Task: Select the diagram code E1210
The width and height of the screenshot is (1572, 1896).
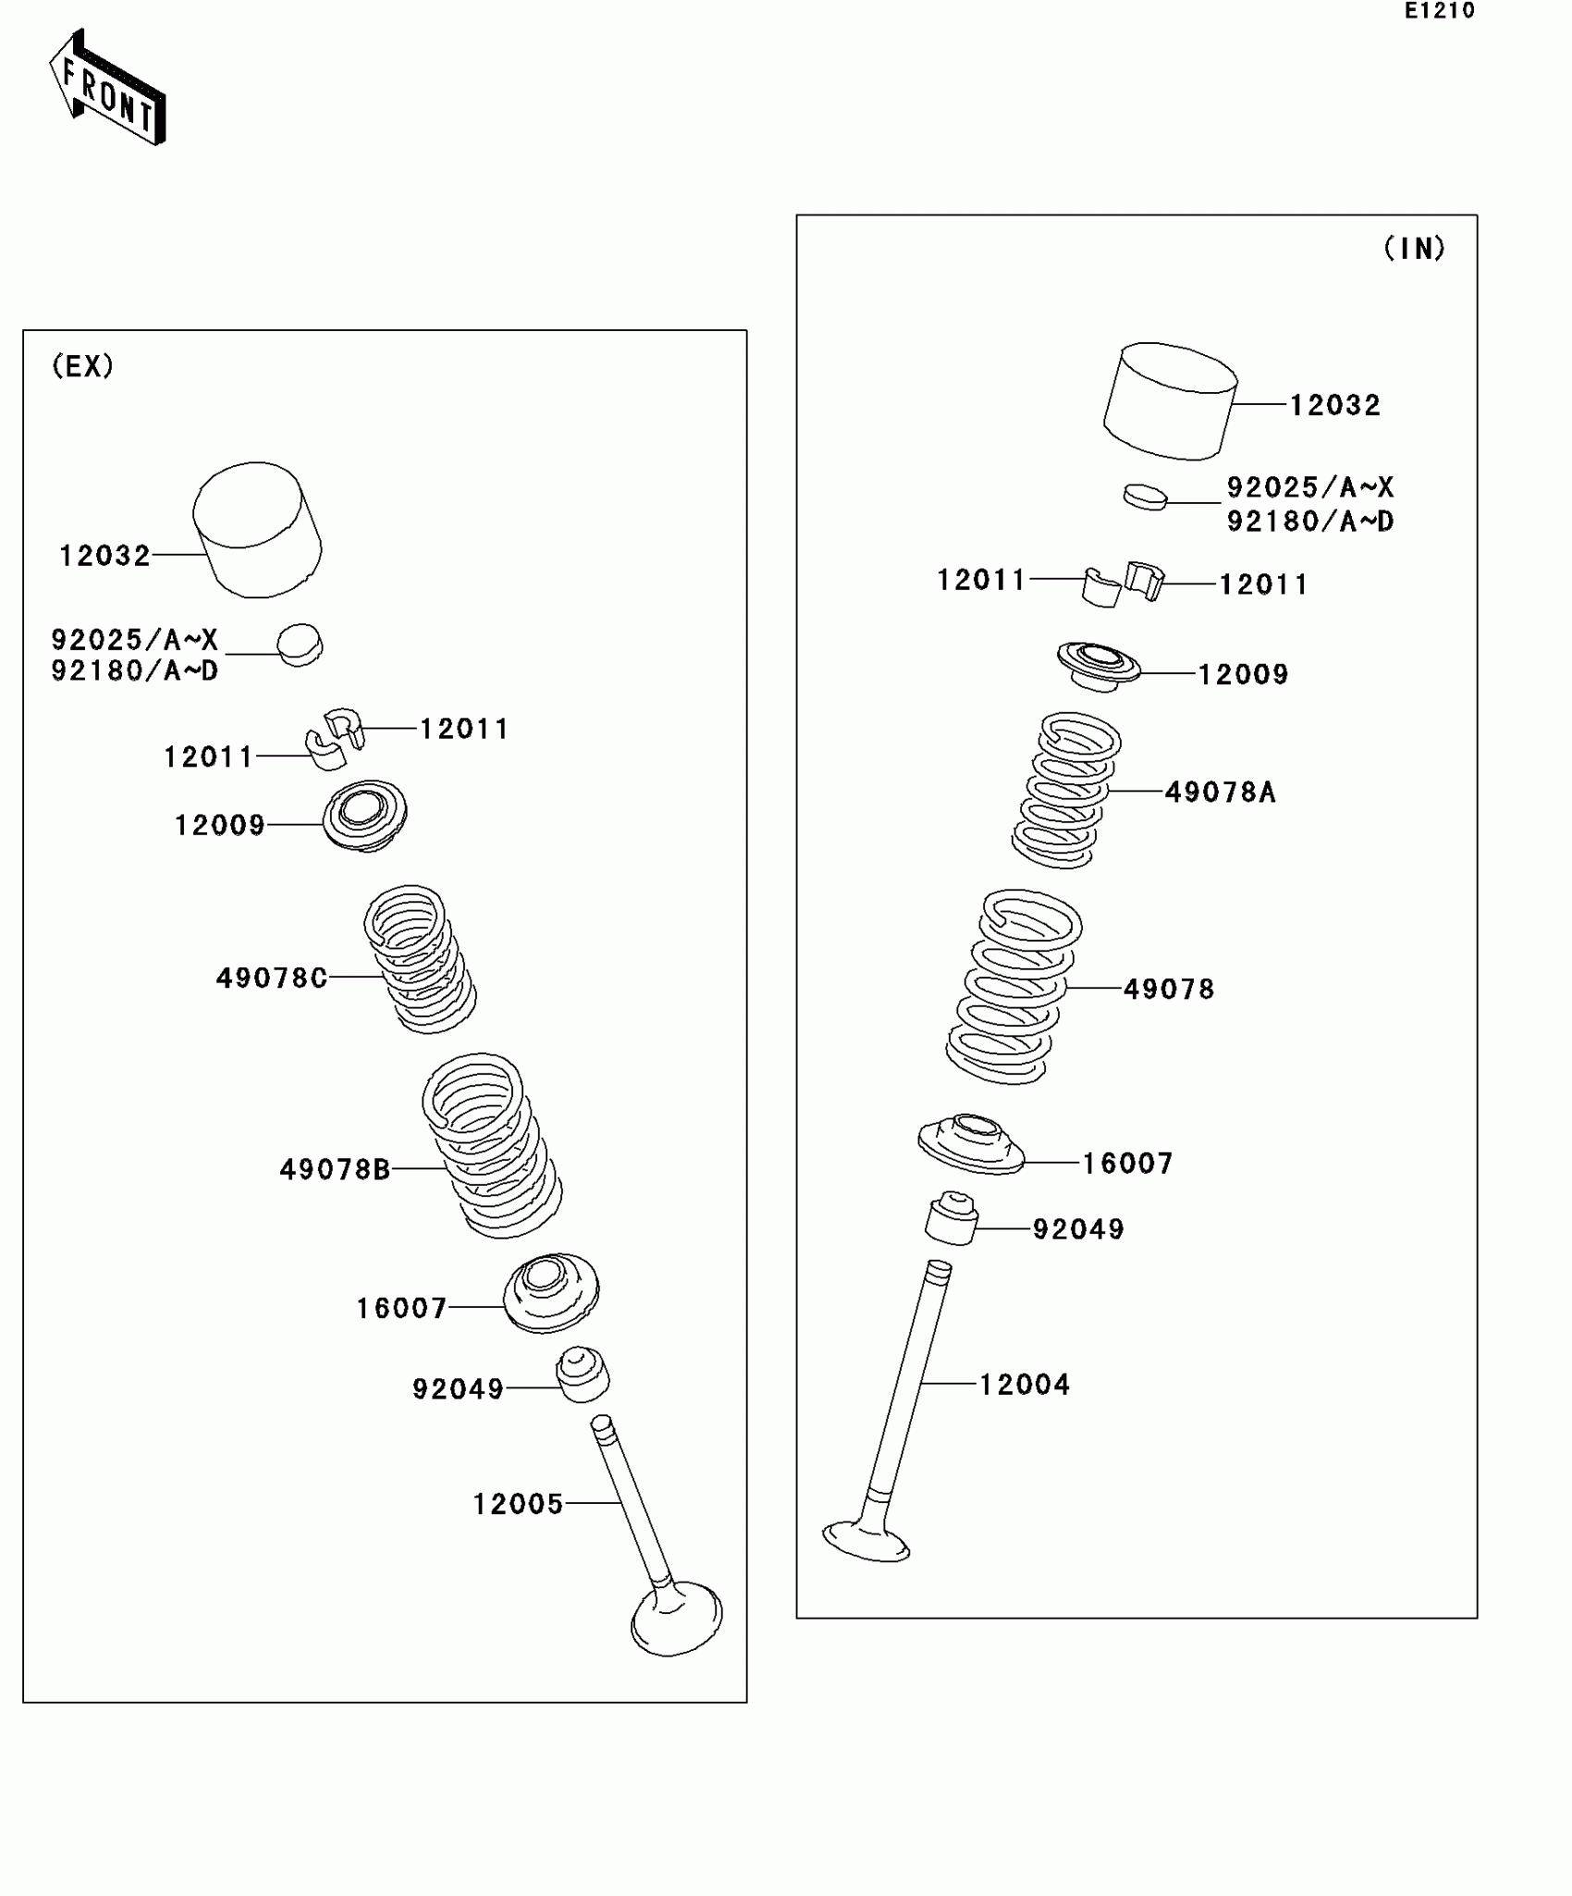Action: pyautogui.click(x=1439, y=11)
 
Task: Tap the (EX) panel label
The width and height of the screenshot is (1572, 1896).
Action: pyautogui.click(x=82, y=366)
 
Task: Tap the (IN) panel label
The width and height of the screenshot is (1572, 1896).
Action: pyautogui.click(x=1413, y=248)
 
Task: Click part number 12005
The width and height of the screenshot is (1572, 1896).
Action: pyautogui.click(x=518, y=1505)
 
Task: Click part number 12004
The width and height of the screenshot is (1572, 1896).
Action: pyautogui.click(x=1025, y=1385)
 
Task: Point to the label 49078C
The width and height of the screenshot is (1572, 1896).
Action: pyautogui.click(x=272, y=978)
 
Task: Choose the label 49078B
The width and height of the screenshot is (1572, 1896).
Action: pyautogui.click(x=335, y=1170)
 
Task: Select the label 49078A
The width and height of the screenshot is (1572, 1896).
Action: pyautogui.click(x=1220, y=793)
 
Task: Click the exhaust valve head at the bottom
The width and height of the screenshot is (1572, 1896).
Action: pyautogui.click(x=676, y=1619)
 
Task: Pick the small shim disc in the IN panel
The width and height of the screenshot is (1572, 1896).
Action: pyautogui.click(x=1145, y=497)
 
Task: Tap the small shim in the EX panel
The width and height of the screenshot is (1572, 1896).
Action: pyautogui.click(x=300, y=644)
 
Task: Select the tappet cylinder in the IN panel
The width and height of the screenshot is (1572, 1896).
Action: pyautogui.click(x=1170, y=401)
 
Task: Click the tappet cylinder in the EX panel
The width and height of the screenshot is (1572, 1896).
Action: pyautogui.click(x=257, y=530)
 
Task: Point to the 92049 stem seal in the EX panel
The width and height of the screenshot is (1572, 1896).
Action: pyautogui.click(x=583, y=1374)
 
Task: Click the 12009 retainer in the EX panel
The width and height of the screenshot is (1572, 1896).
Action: pyautogui.click(x=364, y=816)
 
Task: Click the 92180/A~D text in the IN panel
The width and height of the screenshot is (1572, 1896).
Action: pyautogui.click(x=1309, y=522)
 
